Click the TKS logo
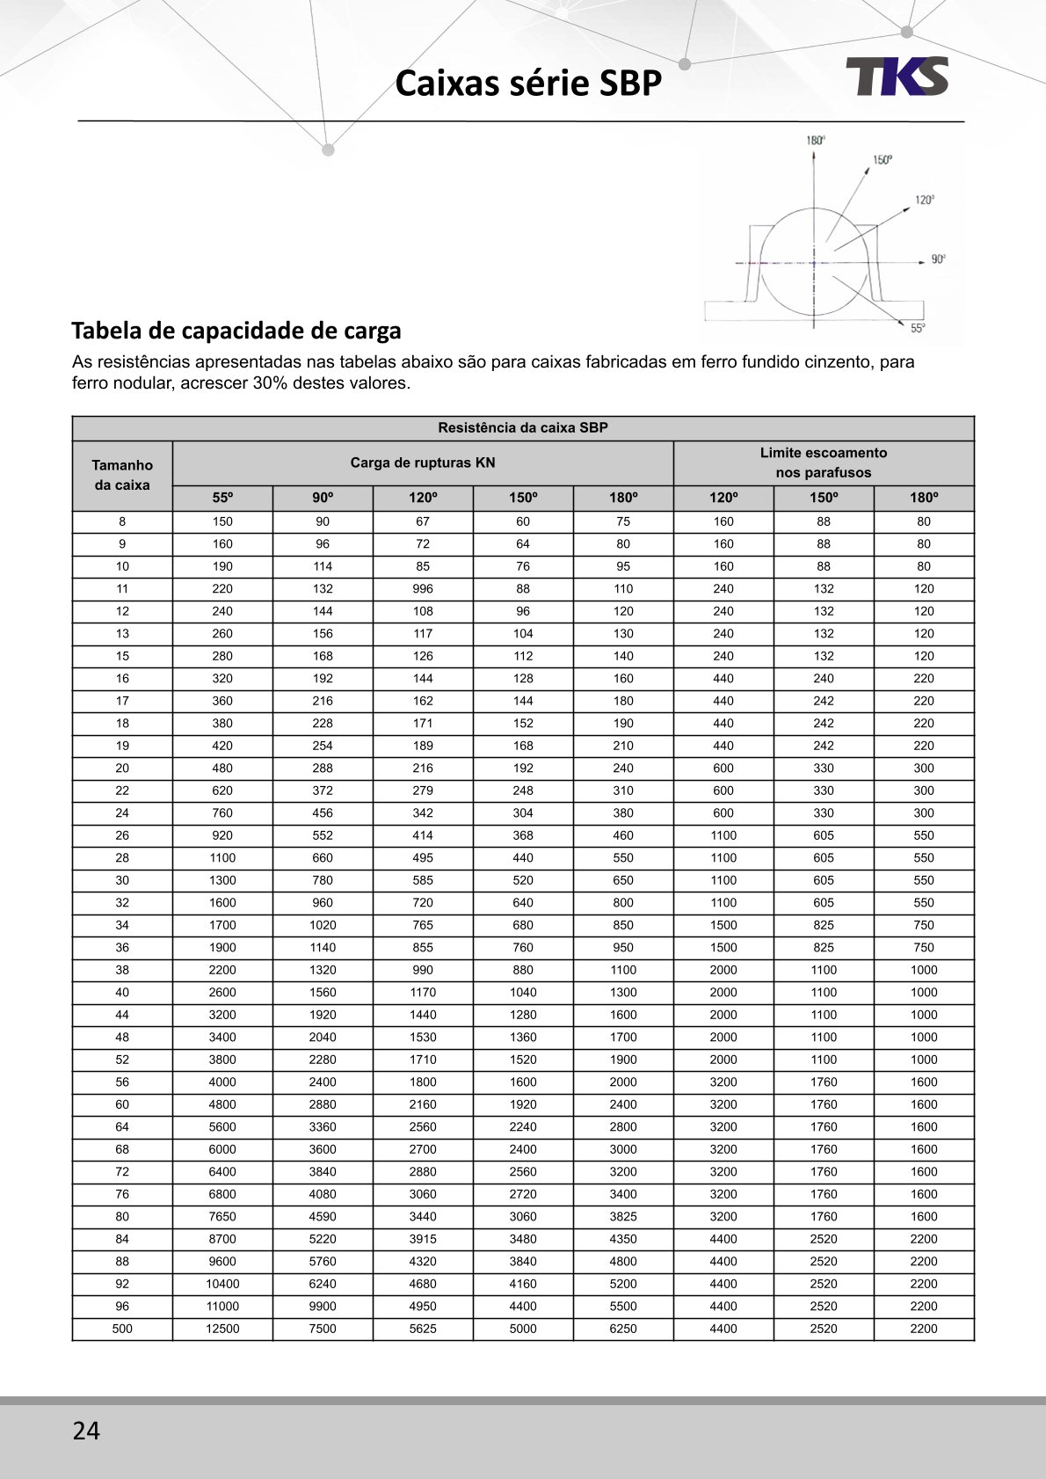click(x=897, y=76)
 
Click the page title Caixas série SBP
click(x=527, y=84)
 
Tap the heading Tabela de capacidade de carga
click(x=236, y=331)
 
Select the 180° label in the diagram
click(x=815, y=141)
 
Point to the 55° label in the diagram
click(x=917, y=328)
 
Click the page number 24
click(x=86, y=1431)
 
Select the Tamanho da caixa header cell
click(x=122, y=475)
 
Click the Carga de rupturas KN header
click(x=423, y=463)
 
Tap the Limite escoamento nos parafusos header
click(x=824, y=463)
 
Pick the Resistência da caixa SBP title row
click(x=523, y=428)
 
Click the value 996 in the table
click(x=423, y=589)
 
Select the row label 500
click(x=122, y=1329)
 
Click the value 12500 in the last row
click(x=222, y=1329)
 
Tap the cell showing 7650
click(x=222, y=1217)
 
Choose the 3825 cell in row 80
click(x=623, y=1217)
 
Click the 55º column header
click(x=222, y=498)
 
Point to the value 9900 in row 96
click(x=323, y=1307)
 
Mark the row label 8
click(x=122, y=521)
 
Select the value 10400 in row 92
click(x=222, y=1284)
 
